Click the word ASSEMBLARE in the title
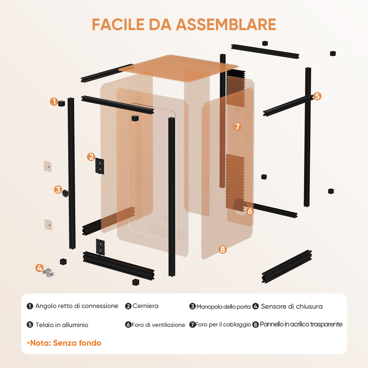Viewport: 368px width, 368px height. pos(226,25)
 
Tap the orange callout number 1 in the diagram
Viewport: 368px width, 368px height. pos(54,102)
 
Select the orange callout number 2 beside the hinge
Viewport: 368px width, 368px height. pos(91,157)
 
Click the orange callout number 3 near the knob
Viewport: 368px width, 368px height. pos(58,189)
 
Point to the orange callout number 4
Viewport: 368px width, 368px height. pos(39,268)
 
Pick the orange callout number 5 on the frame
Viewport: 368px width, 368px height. pos(317,96)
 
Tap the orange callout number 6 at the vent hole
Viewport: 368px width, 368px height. pos(250,211)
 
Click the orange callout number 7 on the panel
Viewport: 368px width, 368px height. pos(237,126)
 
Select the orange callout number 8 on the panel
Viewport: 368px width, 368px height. pos(222,249)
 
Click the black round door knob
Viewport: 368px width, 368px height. pos(66,193)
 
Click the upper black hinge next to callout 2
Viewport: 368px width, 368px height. pos(100,166)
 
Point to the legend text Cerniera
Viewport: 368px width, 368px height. pos(146,306)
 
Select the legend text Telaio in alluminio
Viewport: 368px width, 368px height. pos(62,325)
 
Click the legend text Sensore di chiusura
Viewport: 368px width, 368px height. pos(292,306)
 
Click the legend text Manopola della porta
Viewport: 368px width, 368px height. pos(223,306)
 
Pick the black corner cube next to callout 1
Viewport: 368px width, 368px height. pos(62,103)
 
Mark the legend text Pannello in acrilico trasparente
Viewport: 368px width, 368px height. pos(301,324)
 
